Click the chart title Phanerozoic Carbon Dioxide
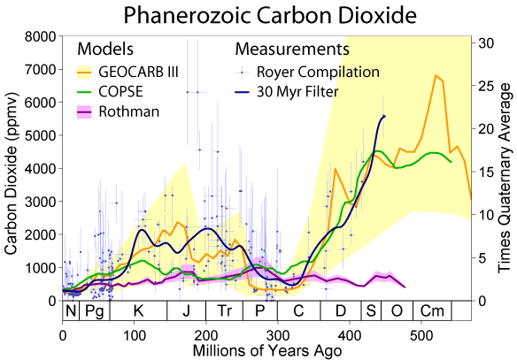coord(258,15)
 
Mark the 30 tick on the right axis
coord(486,42)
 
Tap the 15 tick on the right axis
coord(486,172)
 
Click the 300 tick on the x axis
coord(278,337)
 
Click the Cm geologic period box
coord(431,311)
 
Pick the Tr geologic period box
coord(225,311)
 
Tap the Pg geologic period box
coord(95,311)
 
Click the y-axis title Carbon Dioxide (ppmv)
coord(12,168)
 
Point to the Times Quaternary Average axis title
coord(507,168)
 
